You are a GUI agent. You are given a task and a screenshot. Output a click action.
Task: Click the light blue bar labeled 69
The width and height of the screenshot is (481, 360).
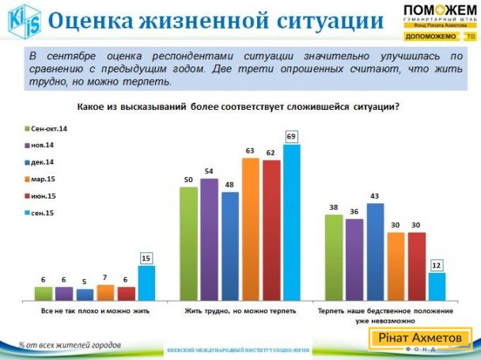(291, 222)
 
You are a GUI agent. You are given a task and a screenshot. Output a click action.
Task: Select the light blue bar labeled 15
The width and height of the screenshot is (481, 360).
(147, 282)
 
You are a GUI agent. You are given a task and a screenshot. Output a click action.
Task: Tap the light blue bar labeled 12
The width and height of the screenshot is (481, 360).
(437, 286)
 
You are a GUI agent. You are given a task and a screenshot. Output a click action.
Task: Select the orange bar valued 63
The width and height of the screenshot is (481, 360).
(250, 229)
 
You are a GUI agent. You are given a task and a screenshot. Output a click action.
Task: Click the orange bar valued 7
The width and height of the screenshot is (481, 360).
(106, 293)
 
